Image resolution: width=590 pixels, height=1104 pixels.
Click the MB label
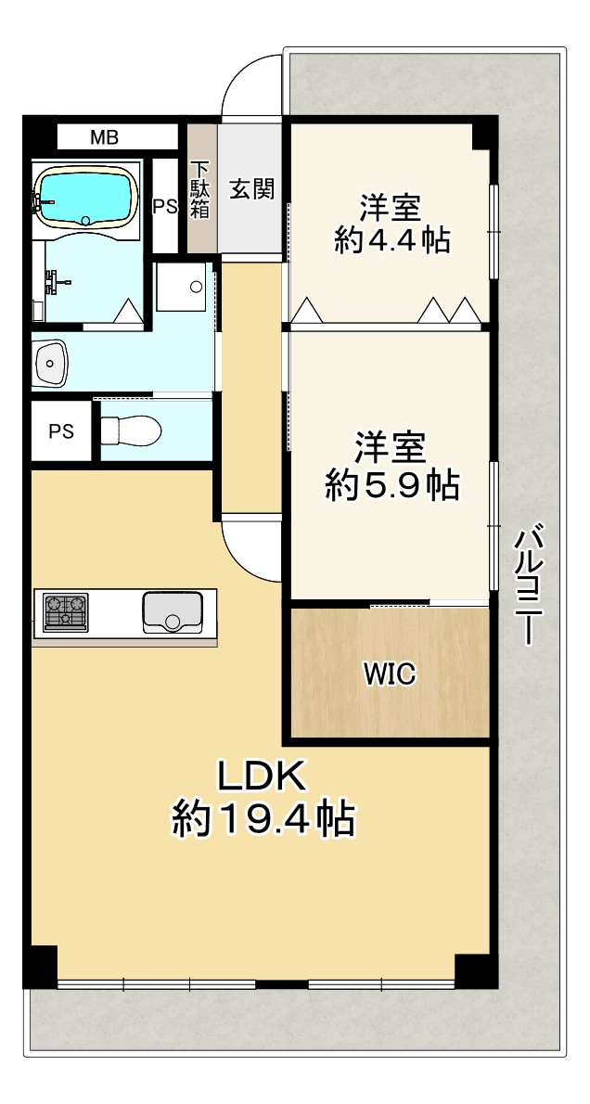(104, 136)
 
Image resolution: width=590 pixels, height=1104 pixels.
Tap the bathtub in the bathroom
(85, 197)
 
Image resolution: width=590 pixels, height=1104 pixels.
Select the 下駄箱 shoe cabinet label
(201, 189)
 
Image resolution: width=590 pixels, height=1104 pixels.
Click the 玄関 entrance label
(251, 188)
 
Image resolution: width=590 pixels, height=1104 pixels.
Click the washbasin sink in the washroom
(50, 364)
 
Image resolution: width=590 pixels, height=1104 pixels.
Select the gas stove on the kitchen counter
(66, 612)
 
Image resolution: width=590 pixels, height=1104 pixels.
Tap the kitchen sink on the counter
(173, 612)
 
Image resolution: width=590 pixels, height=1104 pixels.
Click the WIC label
(390, 674)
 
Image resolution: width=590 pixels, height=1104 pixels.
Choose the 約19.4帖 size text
(263, 817)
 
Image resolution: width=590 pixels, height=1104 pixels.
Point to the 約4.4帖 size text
(391, 241)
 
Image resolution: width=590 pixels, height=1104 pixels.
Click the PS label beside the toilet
(60, 430)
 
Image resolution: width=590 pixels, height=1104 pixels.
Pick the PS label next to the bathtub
(166, 207)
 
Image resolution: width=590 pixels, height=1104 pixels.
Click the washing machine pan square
(181, 287)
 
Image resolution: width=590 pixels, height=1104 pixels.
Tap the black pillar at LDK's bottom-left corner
(40, 966)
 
